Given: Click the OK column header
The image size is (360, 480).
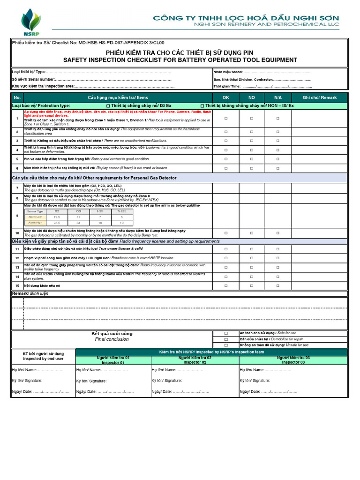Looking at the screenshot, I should click(x=225, y=97).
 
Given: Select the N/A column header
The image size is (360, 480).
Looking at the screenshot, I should click(x=277, y=97).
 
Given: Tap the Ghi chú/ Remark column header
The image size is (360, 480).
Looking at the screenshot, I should click(x=320, y=97).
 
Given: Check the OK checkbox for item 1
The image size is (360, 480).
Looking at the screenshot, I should click(x=225, y=119).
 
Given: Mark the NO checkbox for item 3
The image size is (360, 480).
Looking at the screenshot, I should click(x=252, y=141).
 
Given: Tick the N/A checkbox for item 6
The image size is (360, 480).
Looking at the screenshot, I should click(x=277, y=168).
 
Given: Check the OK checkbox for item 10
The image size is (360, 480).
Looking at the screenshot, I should click(x=225, y=233).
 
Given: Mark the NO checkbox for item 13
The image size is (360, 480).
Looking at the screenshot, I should click(x=252, y=267).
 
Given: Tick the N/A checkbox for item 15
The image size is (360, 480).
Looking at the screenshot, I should click(x=277, y=285).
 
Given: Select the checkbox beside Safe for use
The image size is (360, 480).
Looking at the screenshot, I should click(x=225, y=333).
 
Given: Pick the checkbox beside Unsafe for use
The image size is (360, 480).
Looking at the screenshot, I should click(x=225, y=345).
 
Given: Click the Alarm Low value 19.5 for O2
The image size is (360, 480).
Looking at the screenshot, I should click(x=57, y=217).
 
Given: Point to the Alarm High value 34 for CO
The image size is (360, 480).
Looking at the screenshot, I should click(x=78, y=223).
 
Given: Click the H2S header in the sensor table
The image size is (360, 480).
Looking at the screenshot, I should click(x=100, y=211).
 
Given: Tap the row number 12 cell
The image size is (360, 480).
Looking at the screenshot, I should click(x=17, y=258).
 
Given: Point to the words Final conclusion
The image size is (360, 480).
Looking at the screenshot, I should click(x=112, y=339).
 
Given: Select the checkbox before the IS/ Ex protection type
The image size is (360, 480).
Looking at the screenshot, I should click(x=109, y=106).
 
